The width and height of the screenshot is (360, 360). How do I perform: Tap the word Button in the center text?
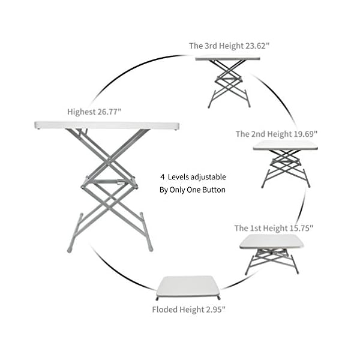coord(212,190)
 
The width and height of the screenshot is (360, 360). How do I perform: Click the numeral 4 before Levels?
coord(162,177)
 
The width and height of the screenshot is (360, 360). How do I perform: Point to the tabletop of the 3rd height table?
coord(228,58)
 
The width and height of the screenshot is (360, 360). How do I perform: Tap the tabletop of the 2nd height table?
coord(285,145)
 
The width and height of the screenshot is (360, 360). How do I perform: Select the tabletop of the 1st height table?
coord(271,241)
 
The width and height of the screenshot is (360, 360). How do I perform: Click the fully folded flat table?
coord(188,286)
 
